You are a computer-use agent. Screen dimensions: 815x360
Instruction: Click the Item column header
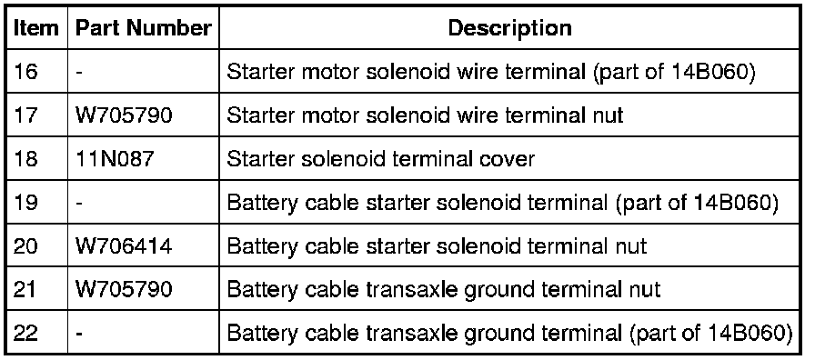pyautogui.click(x=35, y=28)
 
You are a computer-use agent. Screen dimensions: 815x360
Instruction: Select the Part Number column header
pyautogui.click(x=144, y=28)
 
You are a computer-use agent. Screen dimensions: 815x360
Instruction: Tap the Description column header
pyautogui.click(x=509, y=28)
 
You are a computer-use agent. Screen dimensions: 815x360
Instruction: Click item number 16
pyautogui.click(x=25, y=72)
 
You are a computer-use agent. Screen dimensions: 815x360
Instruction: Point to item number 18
pyautogui.click(x=25, y=158)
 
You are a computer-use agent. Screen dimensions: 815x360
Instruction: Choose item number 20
pyautogui.click(x=25, y=245)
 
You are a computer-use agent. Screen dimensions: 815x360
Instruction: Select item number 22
pyautogui.click(x=25, y=333)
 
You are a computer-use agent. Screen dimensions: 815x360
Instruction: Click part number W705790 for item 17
pyautogui.click(x=124, y=115)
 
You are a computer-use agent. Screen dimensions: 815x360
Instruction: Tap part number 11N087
pyautogui.click(x=115, y=158)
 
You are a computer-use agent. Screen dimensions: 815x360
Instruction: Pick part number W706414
pyautogui.click(x=124, y=245)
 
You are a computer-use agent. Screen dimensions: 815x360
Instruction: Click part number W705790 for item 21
pyautogui.click(x=124, y=289)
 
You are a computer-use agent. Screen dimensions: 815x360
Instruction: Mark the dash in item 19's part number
pyautogui.click(x=79, y=203)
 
